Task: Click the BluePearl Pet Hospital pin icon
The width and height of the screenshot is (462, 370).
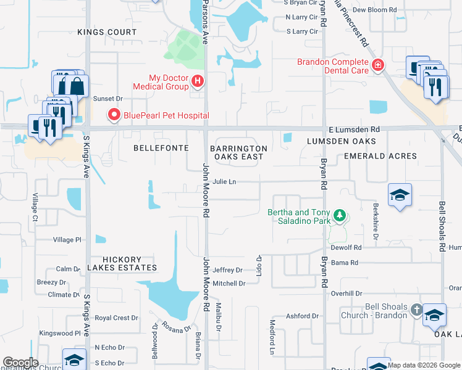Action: coord(114,115)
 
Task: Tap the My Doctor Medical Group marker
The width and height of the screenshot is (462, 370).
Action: coord(198,80)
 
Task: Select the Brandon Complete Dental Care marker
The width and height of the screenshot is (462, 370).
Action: coord(377,64)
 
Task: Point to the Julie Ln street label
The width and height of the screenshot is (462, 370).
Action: coord(224,182)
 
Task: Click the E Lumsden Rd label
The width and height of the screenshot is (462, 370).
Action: coord(354,129)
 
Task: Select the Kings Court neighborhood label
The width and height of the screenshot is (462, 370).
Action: coord(107,31)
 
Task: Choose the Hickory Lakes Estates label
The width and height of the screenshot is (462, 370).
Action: coord(122,263)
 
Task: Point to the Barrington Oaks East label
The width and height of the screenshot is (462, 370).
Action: coord(238,152)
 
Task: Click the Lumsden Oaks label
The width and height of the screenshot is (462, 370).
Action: coord(333,141)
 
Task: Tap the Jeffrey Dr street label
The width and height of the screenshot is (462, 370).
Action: coord(227,270)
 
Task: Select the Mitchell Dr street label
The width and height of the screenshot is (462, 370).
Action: coord(229,284)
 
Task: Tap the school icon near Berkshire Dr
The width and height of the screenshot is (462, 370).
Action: coord(400,195)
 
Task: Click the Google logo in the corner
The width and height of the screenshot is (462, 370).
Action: coord(20,363)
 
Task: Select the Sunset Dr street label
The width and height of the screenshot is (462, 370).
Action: coord(107,98)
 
